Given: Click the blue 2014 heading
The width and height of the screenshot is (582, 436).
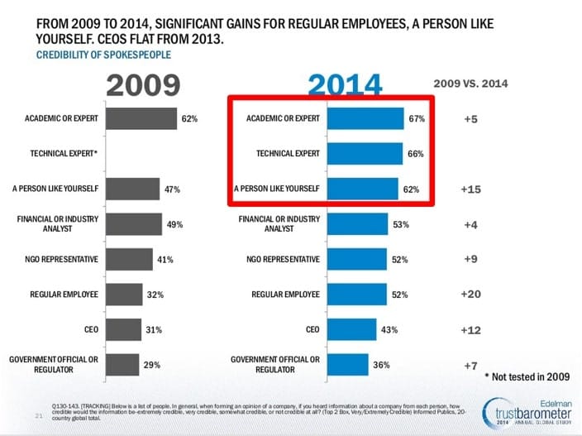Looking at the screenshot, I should (346, 86).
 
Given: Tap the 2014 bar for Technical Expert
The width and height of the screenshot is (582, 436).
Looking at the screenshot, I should (365, 154).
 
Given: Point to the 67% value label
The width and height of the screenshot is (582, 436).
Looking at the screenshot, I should (417, 119).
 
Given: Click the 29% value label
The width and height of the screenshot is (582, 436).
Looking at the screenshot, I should (151, 364).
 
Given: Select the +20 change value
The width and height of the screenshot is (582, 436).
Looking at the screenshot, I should (470, 294).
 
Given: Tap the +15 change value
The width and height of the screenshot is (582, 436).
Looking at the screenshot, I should (470, 189).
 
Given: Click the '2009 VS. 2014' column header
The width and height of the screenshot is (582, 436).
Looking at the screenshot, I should (470, 84).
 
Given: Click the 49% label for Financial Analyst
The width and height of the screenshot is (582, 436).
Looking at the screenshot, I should (174, 224).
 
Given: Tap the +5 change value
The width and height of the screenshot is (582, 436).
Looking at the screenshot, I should (470, 119).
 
